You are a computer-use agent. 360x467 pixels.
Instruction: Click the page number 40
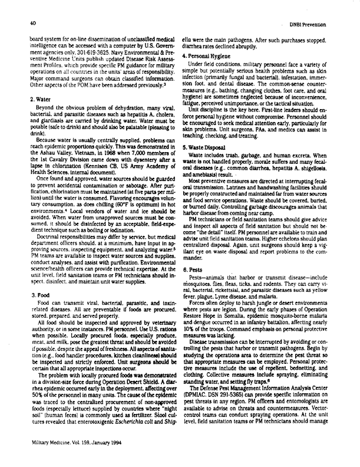tap(27, 23)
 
